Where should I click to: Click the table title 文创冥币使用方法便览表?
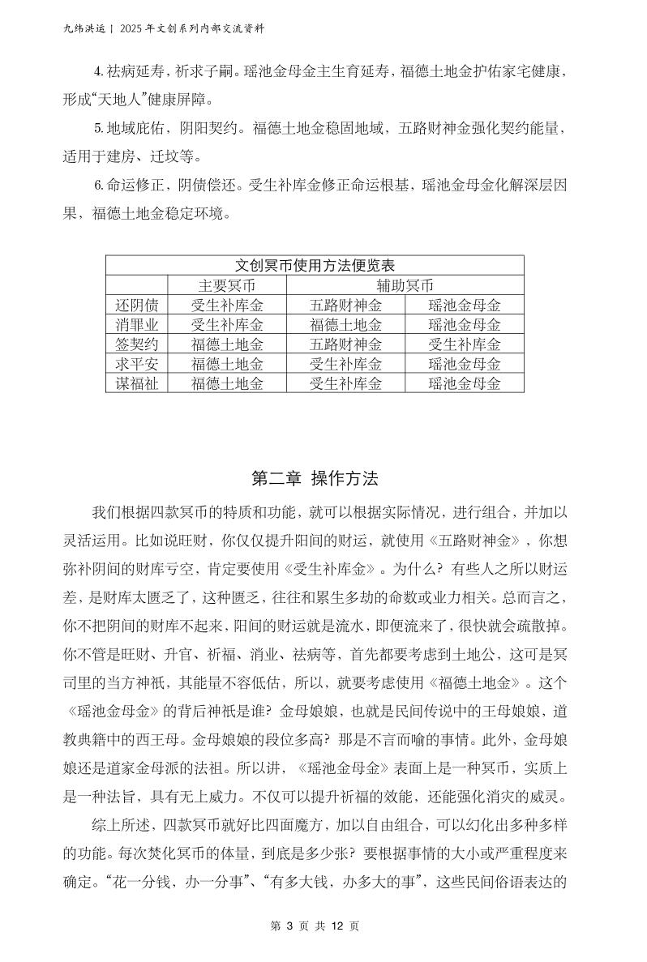click(315, 266)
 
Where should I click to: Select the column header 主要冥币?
click(227, 285)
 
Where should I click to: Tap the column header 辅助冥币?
click(405, 285)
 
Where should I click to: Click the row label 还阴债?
click(136, 305)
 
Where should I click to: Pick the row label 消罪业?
click(136, 324)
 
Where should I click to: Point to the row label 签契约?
click(136, 344)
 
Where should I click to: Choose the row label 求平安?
click(136, 364)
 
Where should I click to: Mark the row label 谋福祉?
click(136, 383)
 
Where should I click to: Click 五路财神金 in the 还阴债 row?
click(345, 305)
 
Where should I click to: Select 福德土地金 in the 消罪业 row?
click(345, 324)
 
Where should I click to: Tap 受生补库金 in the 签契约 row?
click(465, 344)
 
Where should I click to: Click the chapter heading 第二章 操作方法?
click(315, 478)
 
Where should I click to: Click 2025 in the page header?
click(132, 28)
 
